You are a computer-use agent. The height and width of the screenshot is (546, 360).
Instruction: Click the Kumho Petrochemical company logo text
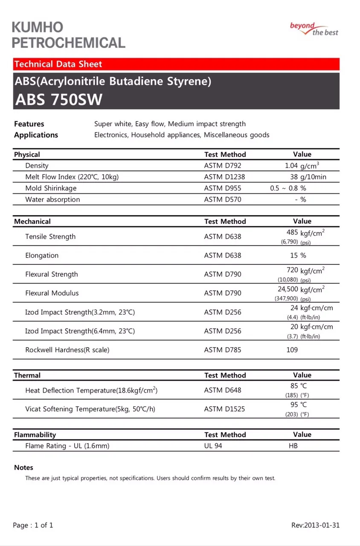[68, 35]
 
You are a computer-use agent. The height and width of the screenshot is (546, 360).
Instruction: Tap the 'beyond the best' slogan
[314, 29]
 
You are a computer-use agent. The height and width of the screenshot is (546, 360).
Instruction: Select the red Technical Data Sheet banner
[176, 64]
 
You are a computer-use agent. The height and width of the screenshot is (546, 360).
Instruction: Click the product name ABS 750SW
[59, 99]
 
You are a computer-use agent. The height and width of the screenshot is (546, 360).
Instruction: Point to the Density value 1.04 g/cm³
[302, 166]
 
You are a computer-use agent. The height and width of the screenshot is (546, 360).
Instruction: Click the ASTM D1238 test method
[224, 177]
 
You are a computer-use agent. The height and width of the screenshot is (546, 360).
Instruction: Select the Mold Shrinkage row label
[51, 188]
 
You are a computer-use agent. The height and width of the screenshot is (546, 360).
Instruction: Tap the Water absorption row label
[52, 200]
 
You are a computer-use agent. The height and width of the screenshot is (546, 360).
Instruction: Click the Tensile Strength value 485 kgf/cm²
[305, 233]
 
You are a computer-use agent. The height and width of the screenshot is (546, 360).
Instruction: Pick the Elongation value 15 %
[298, 256]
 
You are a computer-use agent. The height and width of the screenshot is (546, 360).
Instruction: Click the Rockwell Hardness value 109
[292, 350]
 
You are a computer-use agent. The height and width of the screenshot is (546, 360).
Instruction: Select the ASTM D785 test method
[223, 350]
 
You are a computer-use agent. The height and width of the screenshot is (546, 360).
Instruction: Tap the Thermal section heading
[27, 375]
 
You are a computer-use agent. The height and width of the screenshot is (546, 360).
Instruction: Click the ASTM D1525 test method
[224, 409]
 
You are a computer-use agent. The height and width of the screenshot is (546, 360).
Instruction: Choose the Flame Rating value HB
[293, 446]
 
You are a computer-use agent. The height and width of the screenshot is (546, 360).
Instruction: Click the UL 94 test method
[213, 446]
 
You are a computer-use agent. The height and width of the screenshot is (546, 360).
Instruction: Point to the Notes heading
[23, 468]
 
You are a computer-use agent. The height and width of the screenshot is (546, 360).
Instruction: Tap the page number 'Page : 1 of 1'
[33, 525]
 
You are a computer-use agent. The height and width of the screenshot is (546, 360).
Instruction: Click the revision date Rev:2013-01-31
[315, 525]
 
